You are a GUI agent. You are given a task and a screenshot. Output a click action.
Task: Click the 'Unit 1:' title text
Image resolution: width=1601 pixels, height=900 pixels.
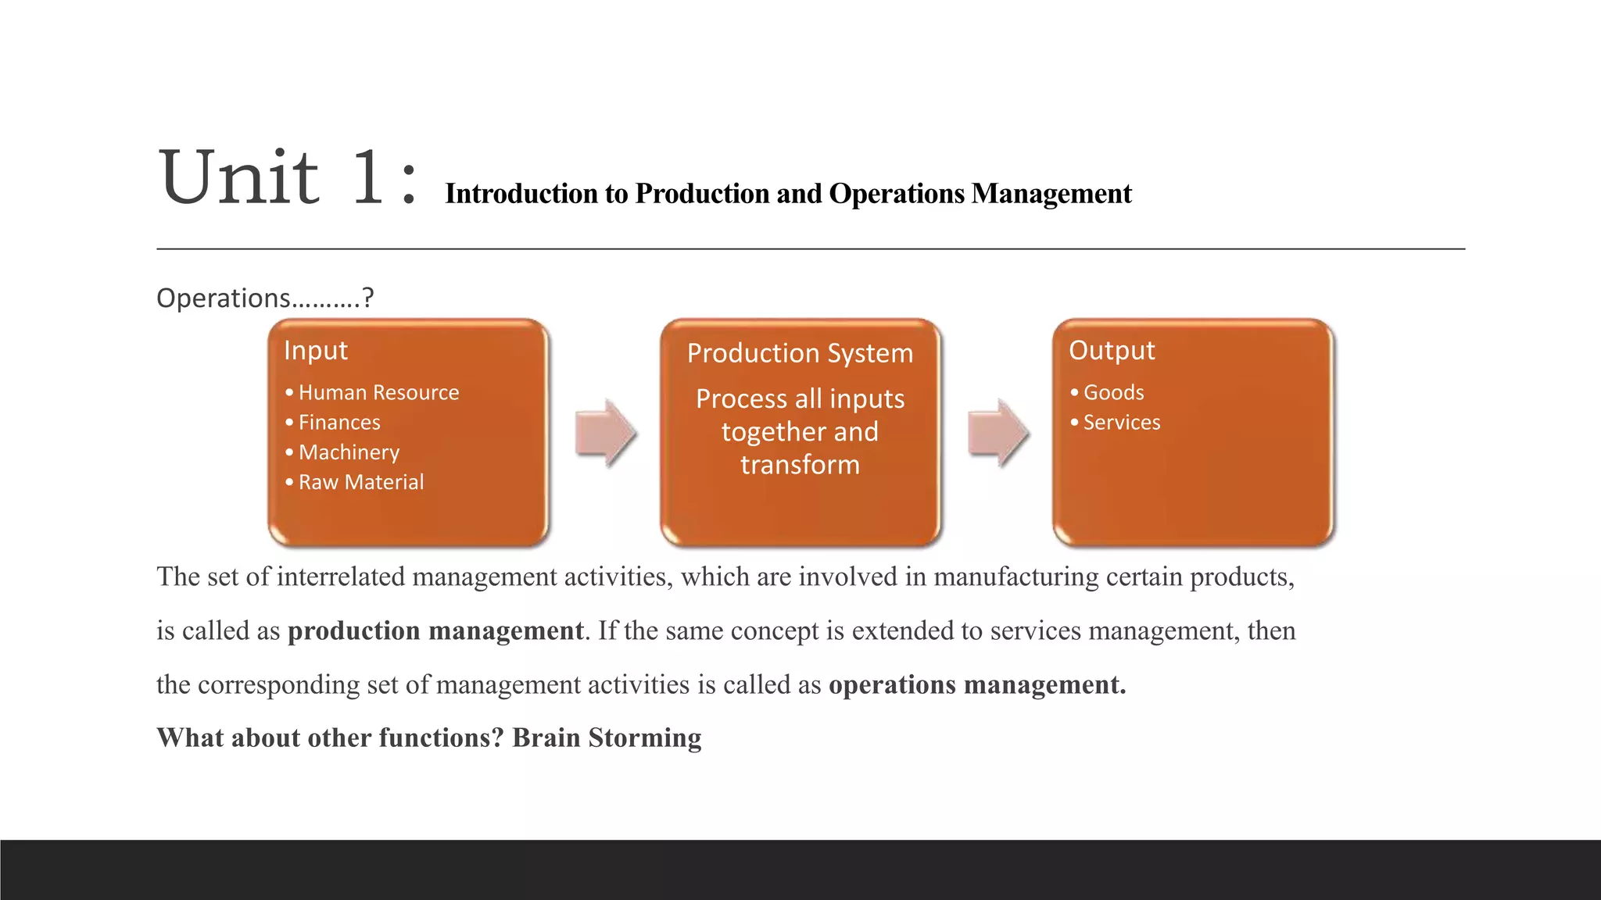click(x=286, y=178)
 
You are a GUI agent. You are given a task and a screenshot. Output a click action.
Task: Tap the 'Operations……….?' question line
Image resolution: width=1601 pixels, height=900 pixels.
click(x=265, y=298)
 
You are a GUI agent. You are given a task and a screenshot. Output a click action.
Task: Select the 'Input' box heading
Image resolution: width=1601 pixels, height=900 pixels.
click(x=316, y=351)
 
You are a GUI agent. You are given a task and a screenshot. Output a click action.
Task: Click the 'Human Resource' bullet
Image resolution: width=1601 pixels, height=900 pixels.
click(x=378, y=392)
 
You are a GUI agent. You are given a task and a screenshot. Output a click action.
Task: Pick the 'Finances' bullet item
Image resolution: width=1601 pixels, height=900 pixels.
click(x=339, y=423)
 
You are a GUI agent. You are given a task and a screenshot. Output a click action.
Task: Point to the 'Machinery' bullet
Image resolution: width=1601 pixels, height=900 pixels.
click(x=349, y=452)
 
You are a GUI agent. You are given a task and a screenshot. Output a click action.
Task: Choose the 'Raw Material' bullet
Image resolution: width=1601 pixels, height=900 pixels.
click(x=360, y=482)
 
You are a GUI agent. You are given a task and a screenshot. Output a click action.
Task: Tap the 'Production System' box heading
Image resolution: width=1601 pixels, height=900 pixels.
click(x=800, y=353)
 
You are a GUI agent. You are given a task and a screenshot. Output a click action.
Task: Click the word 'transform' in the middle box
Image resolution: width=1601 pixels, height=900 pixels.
click(x=800, y=465)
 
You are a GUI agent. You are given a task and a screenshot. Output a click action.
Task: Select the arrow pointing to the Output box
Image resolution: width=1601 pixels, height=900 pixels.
click(x=997, y=433)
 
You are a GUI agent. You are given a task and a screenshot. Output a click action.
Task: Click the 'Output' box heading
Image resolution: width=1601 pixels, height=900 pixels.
click(x=1112, y=351)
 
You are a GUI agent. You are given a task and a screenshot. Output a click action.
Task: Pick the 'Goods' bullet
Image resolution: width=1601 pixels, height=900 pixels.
click(x=1113, y=392)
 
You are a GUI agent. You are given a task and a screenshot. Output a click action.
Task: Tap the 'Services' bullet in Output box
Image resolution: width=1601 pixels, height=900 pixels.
click(x=1121, y=423)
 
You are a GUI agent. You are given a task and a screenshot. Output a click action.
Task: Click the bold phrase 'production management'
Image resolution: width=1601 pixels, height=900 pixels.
click(x=435, y=630)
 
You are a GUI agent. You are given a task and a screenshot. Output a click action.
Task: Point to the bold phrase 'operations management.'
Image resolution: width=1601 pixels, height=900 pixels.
click(x=977, y=684)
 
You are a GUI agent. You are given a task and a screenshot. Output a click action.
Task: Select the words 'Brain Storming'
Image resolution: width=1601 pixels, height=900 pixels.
click(x=607, y=737)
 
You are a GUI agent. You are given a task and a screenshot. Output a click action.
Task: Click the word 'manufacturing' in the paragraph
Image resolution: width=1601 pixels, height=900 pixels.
click(x=1015, y=577)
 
